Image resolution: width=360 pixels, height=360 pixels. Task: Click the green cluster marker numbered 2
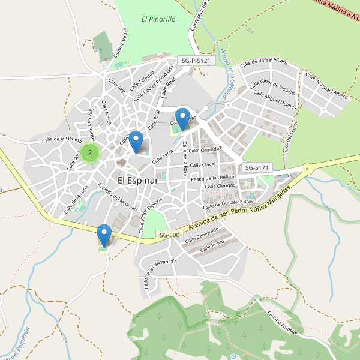[x=90, y=153]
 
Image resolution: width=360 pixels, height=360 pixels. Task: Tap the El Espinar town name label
[x=137, y=180]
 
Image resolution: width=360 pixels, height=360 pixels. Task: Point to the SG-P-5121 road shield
[x=196, y=61]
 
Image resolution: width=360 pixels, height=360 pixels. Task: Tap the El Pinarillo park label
[x=158, y=19]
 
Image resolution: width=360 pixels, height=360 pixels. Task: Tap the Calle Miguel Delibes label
[x=275, y=99]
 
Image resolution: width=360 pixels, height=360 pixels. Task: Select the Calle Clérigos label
[x=220, y=187]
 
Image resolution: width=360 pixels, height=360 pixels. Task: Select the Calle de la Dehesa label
[x=62, y=140]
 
